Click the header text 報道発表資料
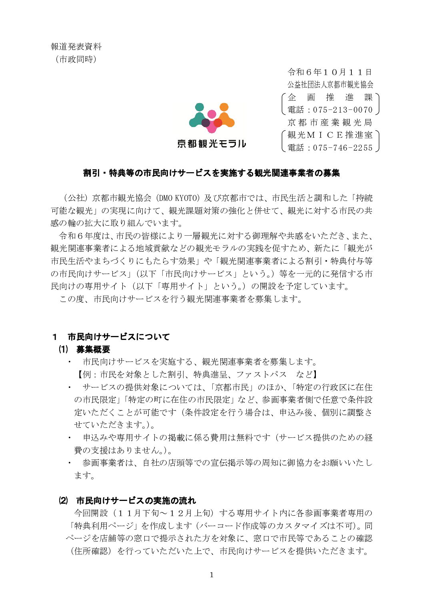click(76, 47)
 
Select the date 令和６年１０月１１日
click(330, 72)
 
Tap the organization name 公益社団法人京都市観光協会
click(330, 85)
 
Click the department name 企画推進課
click(330, 97)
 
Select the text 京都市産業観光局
click(330, 123)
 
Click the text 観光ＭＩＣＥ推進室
click(330, 135)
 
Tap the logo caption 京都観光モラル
click(211, 144)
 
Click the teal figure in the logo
click(199, 116)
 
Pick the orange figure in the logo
click(225, 116)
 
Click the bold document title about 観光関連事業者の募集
click(211, 173)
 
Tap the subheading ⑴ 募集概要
click(84, 350)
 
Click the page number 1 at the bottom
click(211, 575)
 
